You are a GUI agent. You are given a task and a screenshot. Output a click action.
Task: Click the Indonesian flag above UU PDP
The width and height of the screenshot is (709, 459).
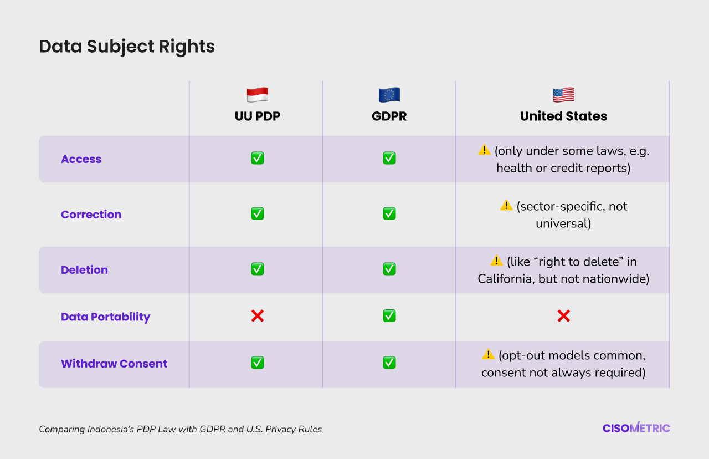258,95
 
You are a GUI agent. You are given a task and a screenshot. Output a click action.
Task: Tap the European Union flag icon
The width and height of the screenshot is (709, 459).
389,95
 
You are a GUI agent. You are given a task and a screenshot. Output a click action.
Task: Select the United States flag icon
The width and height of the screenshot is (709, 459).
564,95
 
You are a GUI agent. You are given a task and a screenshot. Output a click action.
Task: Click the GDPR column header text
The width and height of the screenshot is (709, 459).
389,116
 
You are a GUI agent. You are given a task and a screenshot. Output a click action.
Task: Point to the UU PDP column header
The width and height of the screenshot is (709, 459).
258,116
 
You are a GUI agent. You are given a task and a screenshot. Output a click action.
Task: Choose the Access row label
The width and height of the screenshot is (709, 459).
81,159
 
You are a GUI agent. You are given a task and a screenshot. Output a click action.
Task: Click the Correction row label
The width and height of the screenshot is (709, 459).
91,215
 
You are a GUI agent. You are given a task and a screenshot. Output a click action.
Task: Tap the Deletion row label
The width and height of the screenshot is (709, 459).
85,270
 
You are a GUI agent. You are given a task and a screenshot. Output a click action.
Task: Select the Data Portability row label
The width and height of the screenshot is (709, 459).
106,317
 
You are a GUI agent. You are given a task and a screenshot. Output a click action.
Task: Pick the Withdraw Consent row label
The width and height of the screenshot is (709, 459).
114,364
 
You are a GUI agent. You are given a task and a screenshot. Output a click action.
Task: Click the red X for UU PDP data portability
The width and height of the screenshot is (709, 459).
258,316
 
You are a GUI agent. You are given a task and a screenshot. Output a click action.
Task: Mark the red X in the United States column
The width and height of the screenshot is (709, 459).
564,316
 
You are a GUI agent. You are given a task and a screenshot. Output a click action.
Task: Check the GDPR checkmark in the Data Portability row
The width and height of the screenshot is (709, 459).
389,316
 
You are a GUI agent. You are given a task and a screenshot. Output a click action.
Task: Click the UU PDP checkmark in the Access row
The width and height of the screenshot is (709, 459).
258,158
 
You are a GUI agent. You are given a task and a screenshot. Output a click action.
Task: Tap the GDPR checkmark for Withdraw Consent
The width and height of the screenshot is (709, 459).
389,363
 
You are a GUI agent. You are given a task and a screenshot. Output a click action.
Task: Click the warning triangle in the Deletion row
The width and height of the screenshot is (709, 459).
496,260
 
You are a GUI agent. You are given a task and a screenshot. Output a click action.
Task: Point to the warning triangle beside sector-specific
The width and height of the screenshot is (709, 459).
506,205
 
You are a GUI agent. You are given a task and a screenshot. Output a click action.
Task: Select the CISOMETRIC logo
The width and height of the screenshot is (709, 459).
636,427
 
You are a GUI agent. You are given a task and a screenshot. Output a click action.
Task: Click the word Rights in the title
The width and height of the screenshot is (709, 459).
187,46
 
